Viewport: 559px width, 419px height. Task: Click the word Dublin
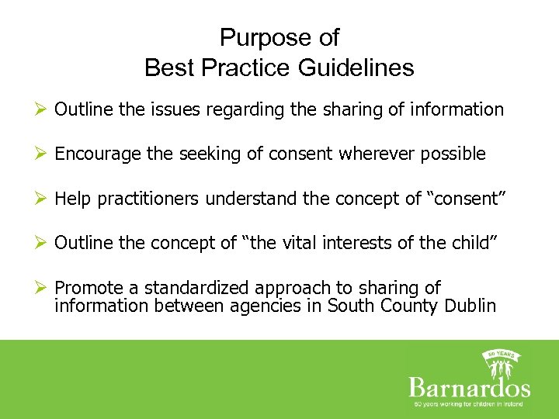pyautogui.click(x=470, y=306)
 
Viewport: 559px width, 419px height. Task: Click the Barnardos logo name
pyautogui.click(x=469, y=388)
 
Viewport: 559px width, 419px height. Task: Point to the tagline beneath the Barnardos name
pyautogui.click(x=469, y=404)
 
